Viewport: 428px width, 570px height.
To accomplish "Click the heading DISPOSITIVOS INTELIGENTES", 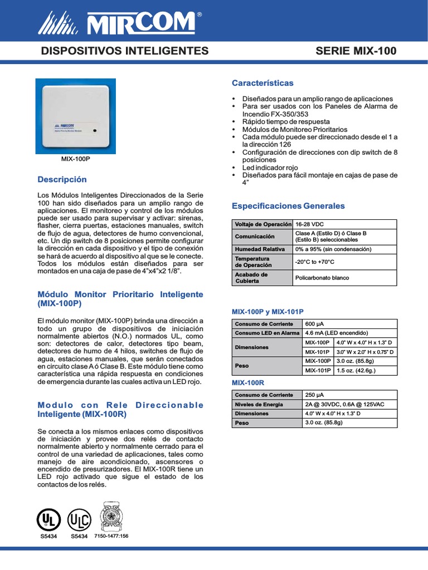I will [125, 51].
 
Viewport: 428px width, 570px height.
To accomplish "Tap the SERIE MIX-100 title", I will [356, 51].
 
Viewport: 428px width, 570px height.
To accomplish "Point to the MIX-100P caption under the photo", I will [75, 159].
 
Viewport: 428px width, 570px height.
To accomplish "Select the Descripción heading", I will [62, 180].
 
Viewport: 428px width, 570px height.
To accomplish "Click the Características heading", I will [262, 83].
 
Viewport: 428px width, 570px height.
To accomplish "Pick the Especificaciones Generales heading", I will [288, 206].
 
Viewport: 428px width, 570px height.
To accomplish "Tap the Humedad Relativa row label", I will [260, 249].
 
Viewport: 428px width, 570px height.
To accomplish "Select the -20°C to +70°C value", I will [314, 262].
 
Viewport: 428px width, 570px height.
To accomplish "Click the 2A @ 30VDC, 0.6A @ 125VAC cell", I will [341, 404].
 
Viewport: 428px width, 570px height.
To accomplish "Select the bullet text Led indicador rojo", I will [270, 168].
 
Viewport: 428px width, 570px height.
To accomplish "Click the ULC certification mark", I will [79, 520].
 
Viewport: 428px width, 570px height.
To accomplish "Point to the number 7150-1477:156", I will [111, 536].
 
